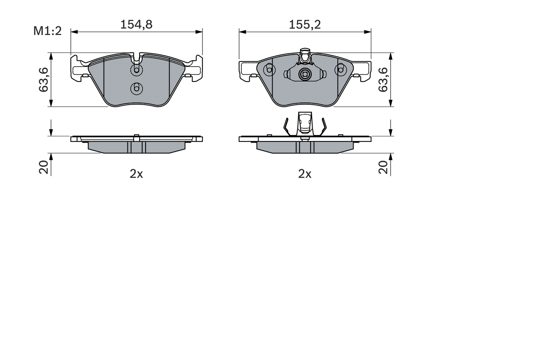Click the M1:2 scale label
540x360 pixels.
pos(48,31)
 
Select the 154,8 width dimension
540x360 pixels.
pos(136,24)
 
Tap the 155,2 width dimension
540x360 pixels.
pos(305,24)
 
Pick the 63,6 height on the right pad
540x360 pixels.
pos(383,79)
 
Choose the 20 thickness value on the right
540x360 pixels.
pos(383,167)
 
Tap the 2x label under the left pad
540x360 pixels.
pos(136,174)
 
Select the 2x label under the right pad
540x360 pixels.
pos(305,174)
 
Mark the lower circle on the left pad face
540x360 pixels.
pos(136,88)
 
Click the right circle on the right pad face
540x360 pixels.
pos(340,70)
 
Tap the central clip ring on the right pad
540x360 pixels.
pos(305,75)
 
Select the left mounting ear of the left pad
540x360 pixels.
pos(78,69)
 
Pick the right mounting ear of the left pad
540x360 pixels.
pos(194,69)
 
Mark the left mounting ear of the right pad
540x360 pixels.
pos(247,70)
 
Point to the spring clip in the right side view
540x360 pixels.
pos(305,125)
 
